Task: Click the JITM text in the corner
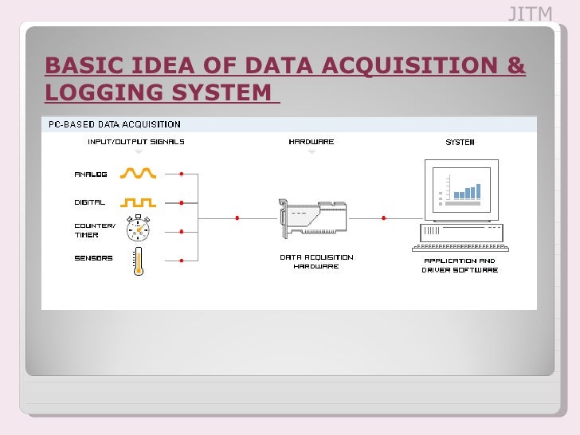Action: click(530, 14)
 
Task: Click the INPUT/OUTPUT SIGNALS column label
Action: click(135, 142)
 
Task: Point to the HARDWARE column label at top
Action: click(311, 142)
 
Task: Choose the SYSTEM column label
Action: click(459, 142)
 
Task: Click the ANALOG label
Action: click(91, 174)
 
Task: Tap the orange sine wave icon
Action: click(139, 173)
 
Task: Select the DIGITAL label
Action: click(90, 202)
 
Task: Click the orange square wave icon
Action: click(139, 202)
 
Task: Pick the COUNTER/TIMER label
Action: click(95, 229)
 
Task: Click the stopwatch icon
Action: click(139, 228)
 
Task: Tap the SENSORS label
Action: click(94, 258)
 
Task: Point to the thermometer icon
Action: click(138, 261)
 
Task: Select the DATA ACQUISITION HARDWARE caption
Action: click(316, 261)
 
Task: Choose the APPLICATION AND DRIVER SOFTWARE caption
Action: click(460, 265)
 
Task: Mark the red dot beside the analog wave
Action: click(182, 174)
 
